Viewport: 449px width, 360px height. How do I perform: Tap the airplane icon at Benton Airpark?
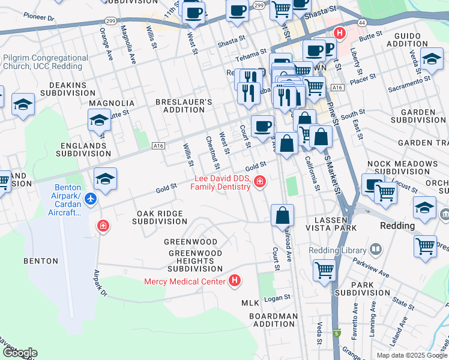90,199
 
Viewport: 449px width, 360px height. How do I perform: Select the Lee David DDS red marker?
260,181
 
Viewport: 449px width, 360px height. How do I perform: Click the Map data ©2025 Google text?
411,355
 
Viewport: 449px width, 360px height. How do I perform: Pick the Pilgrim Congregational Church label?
45,62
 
